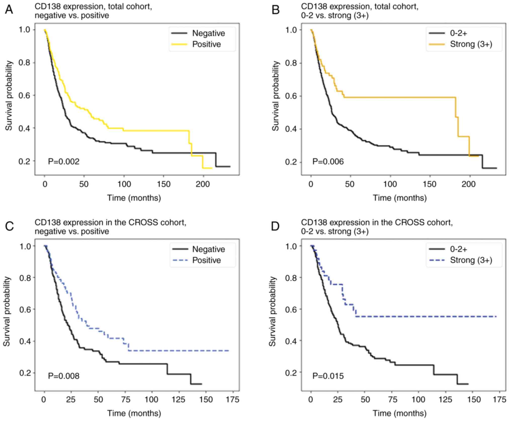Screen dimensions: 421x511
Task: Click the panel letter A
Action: (x=9, y=10)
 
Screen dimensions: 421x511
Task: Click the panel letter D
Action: (x=275, y=226)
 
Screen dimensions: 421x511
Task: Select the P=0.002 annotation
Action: (x=64, y=161)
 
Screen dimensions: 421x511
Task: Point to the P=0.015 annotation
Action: (x=328, y=376)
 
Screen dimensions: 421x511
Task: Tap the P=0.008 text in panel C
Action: (x=64, y=376)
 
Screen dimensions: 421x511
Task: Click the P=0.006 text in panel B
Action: (x=328, y=161)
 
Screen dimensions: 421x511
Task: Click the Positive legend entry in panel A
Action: (x=206, y=44)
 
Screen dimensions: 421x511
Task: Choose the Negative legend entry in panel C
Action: (x=208, y=249)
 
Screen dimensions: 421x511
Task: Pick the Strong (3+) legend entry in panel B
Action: (x=471, y=44)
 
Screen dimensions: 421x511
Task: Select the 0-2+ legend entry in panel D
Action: (x=458, y=249)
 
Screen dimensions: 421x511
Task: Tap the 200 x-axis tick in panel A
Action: (x=203, y=184)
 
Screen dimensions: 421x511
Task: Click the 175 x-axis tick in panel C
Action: (x=233, y=400)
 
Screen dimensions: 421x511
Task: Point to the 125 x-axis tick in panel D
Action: (x=445, y=400)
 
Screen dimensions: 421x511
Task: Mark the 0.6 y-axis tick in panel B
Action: (x=291, y=96)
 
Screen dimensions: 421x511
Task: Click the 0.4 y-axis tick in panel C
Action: (x=25, y=341)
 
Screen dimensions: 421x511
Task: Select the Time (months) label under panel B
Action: (x=400, y=198)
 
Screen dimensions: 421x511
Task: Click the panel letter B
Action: (x=276, y=10)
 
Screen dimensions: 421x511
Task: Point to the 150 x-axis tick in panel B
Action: (x=430, y=184)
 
